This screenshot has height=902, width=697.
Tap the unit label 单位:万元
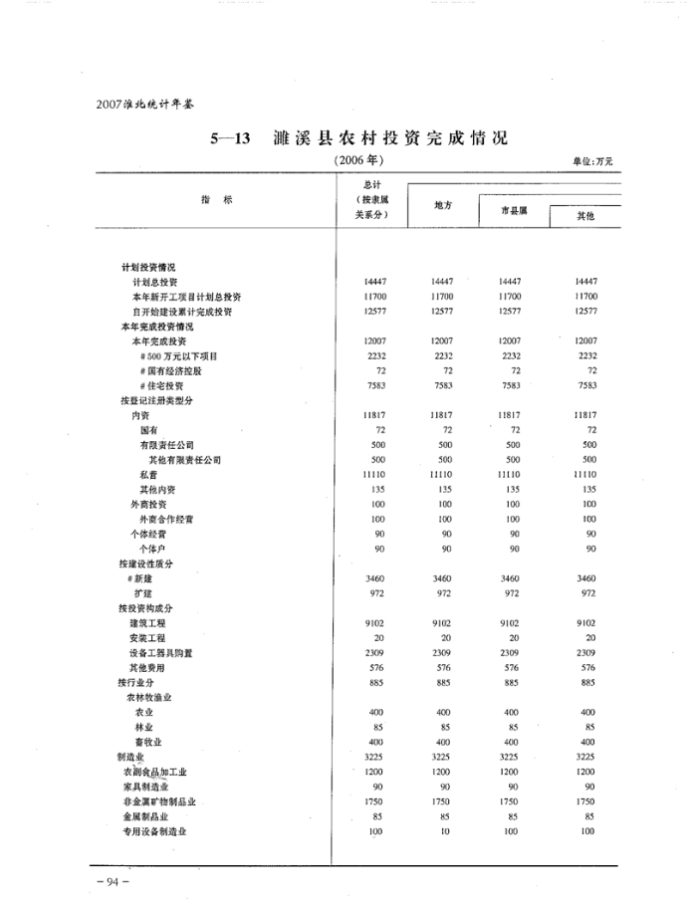tap(592, 160)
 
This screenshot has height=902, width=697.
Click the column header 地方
tap(444, 205)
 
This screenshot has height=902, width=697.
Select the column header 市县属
tap(513, 211)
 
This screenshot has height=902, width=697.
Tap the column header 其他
tap(586, 216)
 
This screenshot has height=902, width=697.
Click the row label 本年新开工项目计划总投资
tap(186, 297)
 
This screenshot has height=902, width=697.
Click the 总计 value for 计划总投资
tap(375, 282)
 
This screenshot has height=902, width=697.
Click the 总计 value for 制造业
tap(375, 757)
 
